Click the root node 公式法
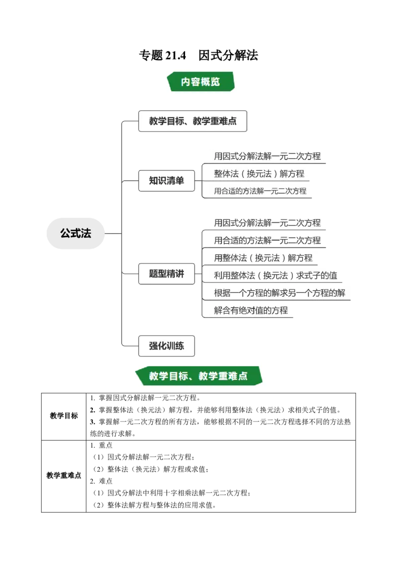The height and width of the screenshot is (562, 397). point(75,233)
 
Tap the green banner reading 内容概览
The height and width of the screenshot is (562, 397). point(200,81)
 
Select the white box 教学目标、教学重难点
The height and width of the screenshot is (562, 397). point(193,121)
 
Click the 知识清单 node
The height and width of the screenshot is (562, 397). point(166,181)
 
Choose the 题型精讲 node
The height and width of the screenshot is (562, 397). point(166,274)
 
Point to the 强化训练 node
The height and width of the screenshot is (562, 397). point(166,346)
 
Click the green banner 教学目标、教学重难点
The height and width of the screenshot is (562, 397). point(198,376)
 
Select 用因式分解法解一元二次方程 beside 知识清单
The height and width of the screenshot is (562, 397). point(267,156)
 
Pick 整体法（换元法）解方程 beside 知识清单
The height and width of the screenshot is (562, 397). point(259,173)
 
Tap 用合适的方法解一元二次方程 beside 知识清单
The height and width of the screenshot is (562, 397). point(260,191)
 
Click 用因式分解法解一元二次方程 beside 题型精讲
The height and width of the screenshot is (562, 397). point(267,222)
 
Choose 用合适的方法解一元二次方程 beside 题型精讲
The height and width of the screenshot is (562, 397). point(267,240)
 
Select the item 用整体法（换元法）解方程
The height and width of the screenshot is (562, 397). point(263,258)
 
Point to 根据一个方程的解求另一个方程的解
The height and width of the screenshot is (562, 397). point(279,292)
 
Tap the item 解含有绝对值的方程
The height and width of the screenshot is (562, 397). point(251,310)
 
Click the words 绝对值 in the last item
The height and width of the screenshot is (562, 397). point(252,310)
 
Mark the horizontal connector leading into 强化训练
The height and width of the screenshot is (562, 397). point(129,346)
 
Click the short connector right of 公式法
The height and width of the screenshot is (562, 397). point(113,232)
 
